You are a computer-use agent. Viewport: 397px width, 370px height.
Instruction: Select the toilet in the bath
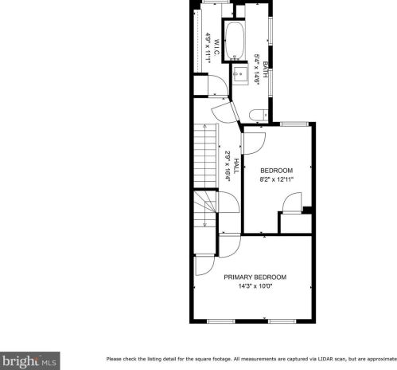click(255, 116)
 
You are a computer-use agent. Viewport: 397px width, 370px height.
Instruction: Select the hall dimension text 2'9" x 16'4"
click(228, 166)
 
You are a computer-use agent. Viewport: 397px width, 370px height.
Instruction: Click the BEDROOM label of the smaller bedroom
click(277, 171)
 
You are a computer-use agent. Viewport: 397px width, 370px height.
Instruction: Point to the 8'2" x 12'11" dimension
click(277, 179)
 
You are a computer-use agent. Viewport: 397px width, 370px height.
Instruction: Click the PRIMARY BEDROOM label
click(255, 277)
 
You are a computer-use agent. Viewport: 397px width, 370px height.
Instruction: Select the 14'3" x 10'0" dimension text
click(255, 287)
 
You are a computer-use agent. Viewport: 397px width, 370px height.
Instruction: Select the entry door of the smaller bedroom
click(254, 142)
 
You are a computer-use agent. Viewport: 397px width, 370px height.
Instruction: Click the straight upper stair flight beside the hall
click(207, 155)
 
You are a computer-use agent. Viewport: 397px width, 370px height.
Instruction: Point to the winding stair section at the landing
click(206, 209)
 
